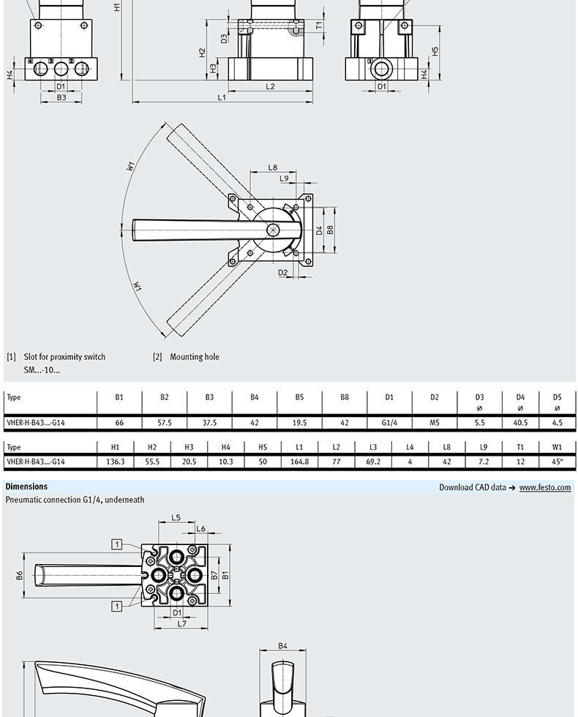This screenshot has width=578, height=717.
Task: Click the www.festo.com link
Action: (x=545, y=487)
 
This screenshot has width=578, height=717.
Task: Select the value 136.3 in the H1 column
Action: (x=116, y=462)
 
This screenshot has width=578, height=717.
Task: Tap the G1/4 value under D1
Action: (x=389, y=422)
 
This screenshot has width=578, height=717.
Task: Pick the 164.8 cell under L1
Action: (x=299, y=462)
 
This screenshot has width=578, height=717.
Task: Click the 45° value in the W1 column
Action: (x=558, y=462)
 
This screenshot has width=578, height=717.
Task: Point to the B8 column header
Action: (x=344, y=397)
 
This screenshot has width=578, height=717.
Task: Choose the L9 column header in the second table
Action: (x=484, y=447)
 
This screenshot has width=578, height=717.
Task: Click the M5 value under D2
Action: (x=435, y=422)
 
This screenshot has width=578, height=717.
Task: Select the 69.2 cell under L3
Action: (x=373, y=462)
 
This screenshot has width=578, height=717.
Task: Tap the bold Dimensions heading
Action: (x=26, y=487)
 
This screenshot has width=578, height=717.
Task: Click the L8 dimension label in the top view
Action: (x=272, y=168)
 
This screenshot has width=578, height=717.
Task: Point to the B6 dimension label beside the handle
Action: (x=20, y=576)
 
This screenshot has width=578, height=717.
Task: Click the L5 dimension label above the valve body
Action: (x=176, y=518)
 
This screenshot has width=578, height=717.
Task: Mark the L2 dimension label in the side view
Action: (x=270, y=86)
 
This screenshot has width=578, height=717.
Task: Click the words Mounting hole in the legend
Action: (x=195, y=357)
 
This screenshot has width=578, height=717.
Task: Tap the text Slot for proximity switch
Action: (x=64, y=357)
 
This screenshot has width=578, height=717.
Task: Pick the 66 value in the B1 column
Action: (x=119, y=422)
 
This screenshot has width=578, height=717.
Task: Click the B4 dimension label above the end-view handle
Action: (x=282, y=646)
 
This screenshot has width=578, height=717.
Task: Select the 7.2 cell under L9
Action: (x=484, y=462)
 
